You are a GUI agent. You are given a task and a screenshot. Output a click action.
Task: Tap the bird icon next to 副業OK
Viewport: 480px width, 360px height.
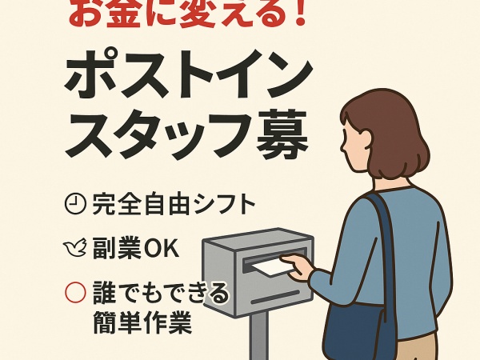click(74, 249)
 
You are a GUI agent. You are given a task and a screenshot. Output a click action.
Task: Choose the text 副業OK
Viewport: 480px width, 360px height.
click(135, 249)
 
